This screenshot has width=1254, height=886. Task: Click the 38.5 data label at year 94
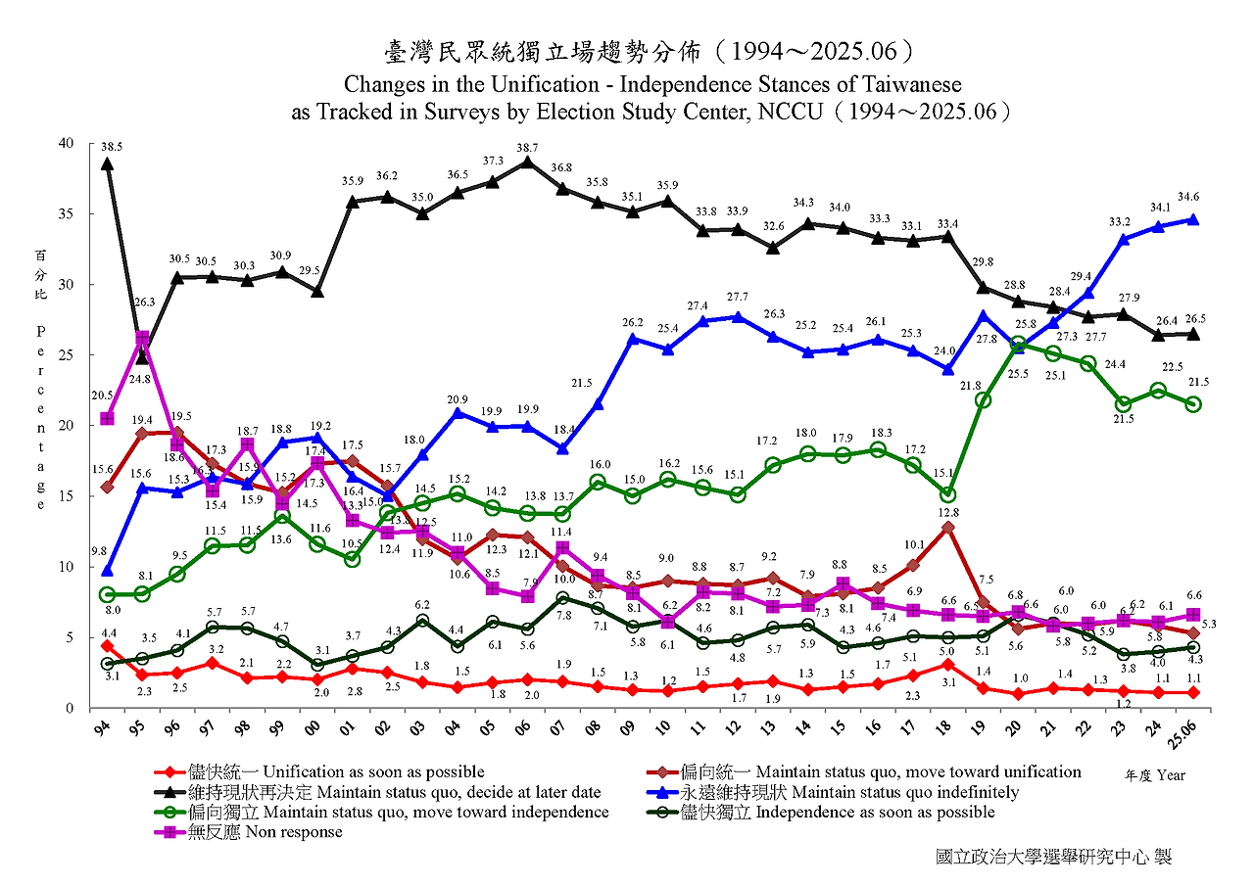coord(112,147)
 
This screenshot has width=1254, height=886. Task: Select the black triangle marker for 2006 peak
coord(528,163)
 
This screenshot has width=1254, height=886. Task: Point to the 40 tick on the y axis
coord(66,144)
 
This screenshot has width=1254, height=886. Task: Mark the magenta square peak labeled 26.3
coord(142,339)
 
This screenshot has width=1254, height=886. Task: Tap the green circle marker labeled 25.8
coord(1018,345)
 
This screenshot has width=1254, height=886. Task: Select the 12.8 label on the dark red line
coord(947,511)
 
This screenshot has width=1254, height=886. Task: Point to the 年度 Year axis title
coord(1155,775)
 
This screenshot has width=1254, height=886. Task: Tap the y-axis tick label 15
coord(66,496)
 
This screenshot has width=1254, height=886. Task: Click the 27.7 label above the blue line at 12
coord(738,297)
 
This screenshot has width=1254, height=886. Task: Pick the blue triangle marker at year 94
coord(107,571)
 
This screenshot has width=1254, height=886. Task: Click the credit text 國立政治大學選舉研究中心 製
coord(1053,857)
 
